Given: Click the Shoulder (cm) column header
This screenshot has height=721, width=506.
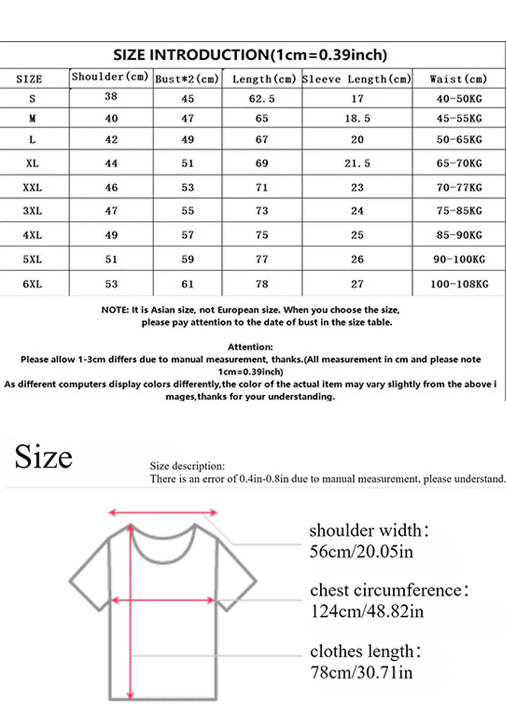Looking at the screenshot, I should [x=110, y=77].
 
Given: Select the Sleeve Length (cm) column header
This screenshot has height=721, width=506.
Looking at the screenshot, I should [x=356, y=79].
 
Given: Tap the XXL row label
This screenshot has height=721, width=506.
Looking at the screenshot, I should [x=32, y=188].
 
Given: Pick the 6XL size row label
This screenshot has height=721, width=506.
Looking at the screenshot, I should [x=32, y=284].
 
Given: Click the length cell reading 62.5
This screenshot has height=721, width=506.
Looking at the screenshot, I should [x=261, y=99].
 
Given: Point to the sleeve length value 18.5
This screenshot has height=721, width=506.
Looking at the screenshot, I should [x=357, y=119].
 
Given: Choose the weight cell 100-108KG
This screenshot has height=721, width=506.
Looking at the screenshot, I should [x=459, y=284].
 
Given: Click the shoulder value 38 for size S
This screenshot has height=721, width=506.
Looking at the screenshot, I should [x=111, y=96].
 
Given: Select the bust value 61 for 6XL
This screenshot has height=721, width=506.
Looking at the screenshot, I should [x=187, y=284].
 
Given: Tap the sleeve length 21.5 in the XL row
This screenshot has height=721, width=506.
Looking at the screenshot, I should [x=357, y=164].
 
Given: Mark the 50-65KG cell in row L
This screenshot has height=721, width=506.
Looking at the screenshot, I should [x=459, y=140].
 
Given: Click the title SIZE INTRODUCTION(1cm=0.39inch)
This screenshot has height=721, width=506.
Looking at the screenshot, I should [x=250, y=55].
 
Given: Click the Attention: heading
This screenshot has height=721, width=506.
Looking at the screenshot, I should [x=250, y=347].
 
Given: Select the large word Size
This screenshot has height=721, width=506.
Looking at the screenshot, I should [x=43, y=457].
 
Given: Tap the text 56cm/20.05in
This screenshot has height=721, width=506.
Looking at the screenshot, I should [x=361, y=551].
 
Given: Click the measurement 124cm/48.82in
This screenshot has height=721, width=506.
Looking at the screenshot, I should [x=367, y=611].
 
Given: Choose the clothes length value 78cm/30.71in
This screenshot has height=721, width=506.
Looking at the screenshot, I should [x=361, y=673].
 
